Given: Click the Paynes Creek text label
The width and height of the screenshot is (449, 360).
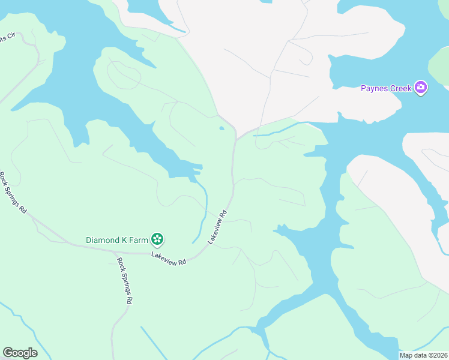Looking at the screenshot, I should click(x=386, y=88).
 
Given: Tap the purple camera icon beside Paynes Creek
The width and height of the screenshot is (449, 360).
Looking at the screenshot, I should click(x=421, y=88).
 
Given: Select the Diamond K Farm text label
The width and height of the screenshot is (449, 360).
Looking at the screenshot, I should click(x=116, y=240).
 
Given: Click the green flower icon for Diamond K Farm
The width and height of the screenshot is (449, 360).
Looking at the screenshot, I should click(x=157, y=240).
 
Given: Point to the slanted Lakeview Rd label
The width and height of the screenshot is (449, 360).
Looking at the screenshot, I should click(x=218, y=226).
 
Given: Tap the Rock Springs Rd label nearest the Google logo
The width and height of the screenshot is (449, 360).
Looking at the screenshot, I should click(x=124, y=281).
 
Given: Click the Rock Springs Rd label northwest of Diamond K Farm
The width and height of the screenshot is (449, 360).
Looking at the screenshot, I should click(x=13, y=193).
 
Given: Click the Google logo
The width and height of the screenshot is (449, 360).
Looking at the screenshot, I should click(x=20, y=353).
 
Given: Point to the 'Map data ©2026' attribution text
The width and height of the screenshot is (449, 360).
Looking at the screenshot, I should click(x=423, y=355).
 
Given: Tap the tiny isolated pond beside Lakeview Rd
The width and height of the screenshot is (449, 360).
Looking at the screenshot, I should click(x=222, y=128).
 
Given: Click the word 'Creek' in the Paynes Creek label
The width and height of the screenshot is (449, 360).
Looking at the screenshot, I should click(x=399, y=88).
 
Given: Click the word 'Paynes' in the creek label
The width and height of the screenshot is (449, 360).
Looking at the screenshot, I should click(x=372, y=88).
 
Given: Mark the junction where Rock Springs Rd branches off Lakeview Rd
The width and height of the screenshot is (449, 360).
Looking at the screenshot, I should click(x=115, y=253).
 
